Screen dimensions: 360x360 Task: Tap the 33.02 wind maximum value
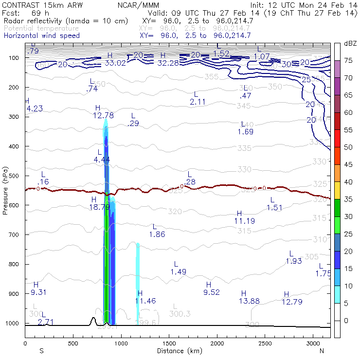click(x=115, y=63)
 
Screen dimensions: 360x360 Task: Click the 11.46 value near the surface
click(x=145, y=301)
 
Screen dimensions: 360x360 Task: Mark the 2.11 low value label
click(x=197, y=102)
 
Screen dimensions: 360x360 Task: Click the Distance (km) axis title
click(x=177, y=351)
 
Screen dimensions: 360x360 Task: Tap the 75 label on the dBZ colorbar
click(x=348, y=60)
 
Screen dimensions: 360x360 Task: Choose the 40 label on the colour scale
click(x=348, y=182)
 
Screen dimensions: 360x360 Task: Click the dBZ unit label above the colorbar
click(x=350, y=43)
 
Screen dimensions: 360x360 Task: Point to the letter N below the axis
click(x=322, y=351)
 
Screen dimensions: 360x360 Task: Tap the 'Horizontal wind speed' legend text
click(x=41, y=36)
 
